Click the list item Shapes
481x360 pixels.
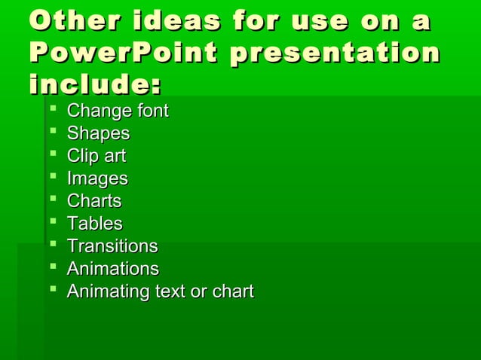point(98,134)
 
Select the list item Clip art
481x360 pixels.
point(96,157)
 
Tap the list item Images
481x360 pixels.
point(97,179)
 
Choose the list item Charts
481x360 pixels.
point(94,201)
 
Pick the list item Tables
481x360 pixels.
point(94,224)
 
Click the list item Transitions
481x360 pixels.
point(112,246)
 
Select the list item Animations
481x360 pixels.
point(112,269)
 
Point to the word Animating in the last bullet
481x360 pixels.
point(103,291)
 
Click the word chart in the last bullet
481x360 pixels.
point(231,291)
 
